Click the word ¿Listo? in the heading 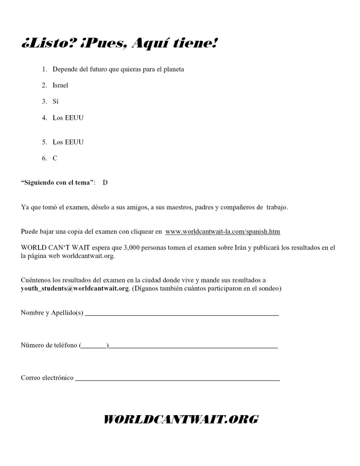point(47,44)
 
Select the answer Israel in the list point(61,85)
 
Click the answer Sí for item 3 point(55,101)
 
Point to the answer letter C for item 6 point(55,158)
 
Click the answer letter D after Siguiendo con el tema point(105,183)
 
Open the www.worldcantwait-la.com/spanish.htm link point(223,232)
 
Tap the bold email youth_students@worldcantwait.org point(75,288)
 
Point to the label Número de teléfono point(49,345)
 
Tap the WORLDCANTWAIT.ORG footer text point(181,419)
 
